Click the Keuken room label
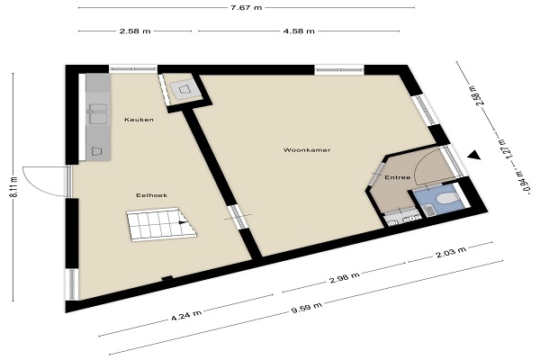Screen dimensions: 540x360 tap(139, 120)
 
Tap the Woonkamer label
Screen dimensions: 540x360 tap(307, 150)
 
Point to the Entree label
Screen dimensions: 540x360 tap(398, 177)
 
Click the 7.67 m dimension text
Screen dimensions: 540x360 tap(246, 7)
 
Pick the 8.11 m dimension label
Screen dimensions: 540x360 tap(14, 187)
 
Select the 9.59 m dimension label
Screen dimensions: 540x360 tap(306, 308)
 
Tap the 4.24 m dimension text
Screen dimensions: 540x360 tap(186, 315)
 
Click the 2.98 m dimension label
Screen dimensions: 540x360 tap(345, 278)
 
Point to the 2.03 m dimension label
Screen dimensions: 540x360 tap(451, 252)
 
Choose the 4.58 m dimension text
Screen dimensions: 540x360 tap(299, 31)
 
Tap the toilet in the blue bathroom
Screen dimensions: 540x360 tap(447, 198)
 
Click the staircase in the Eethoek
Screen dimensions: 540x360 tap(161, 224)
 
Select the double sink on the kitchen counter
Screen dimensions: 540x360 tap(98, 113)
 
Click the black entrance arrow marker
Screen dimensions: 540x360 tap(474, 156)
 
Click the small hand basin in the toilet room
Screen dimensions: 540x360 tap(427, 210)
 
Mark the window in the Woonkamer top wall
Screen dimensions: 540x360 tap(339, 70)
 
